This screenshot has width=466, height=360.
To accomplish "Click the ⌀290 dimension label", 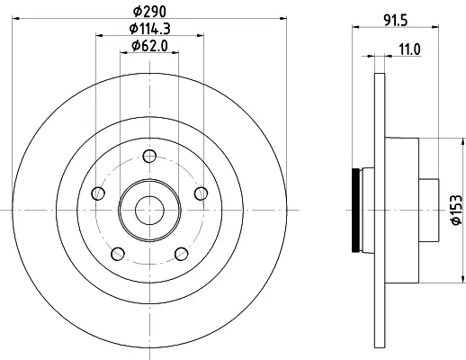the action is coord(149,12).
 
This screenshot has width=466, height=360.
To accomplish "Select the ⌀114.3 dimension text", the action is coord(149,29).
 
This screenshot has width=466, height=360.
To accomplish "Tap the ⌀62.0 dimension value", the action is coord(149,46).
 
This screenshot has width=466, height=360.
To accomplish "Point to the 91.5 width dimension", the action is coord(396,21).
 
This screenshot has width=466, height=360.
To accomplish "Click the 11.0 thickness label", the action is coord(409,49).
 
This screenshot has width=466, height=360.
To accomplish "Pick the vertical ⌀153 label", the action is coord(457,210).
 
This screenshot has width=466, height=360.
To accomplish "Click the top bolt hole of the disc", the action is coord(149,156).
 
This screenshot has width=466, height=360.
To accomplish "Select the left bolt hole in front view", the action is coord(98,193).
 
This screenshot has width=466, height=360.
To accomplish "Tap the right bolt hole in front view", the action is coord(201,193).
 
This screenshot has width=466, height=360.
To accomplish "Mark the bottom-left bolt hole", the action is coord(118,254).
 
